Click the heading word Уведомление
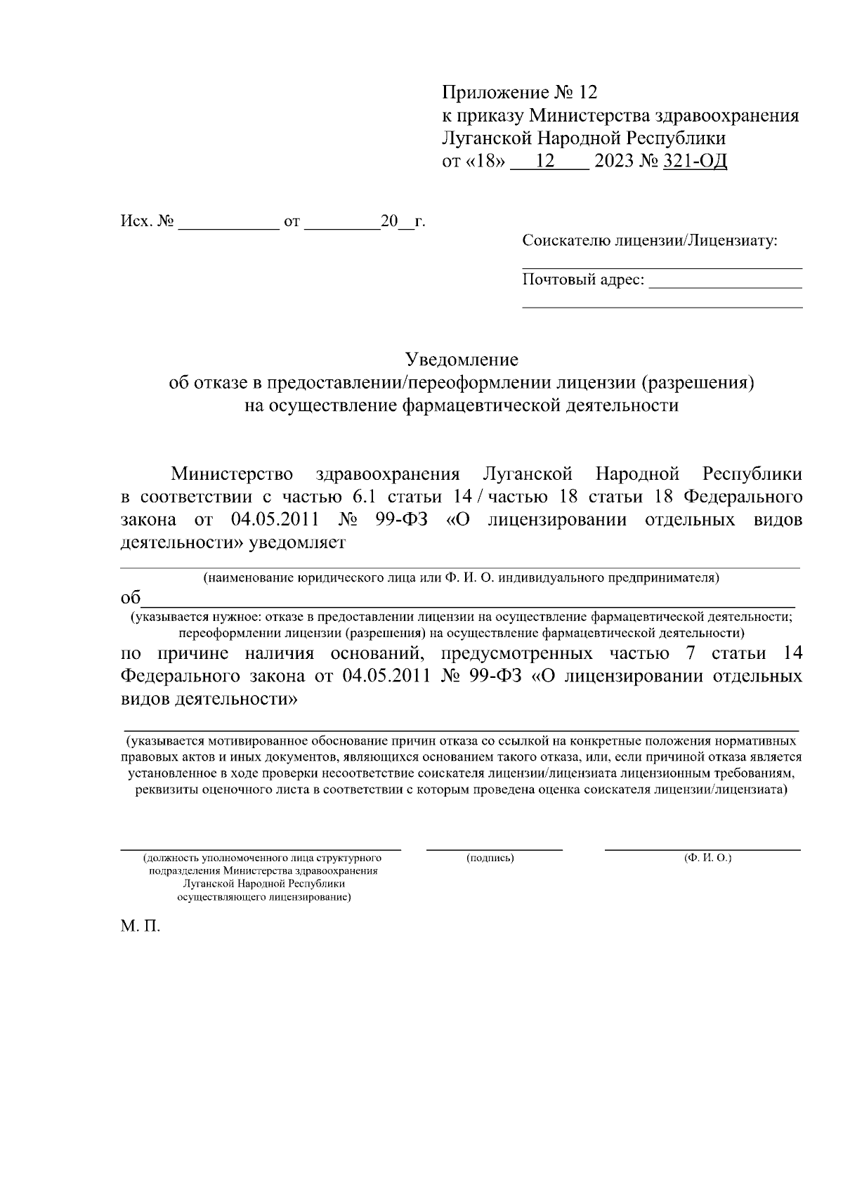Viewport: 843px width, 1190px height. (462, 360)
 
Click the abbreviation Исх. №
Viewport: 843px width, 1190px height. (146, 222)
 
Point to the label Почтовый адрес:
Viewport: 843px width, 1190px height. (583, 280)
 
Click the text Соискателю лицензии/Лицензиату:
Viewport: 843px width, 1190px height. (650, 242)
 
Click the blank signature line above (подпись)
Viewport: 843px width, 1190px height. (494, 849)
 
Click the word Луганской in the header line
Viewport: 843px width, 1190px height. (482, 138)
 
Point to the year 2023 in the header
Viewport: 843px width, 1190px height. (613, 162)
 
